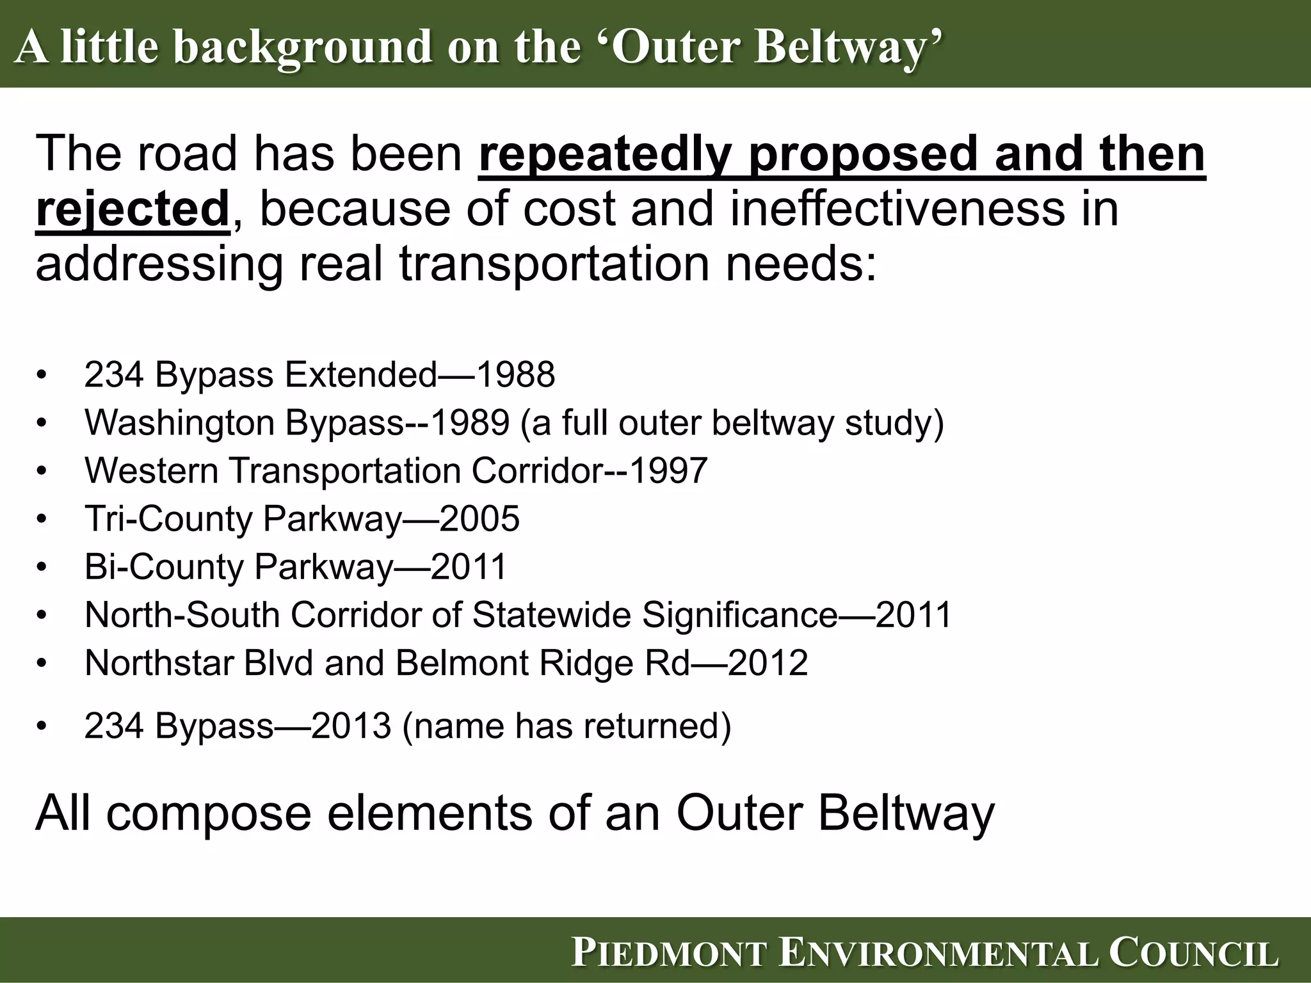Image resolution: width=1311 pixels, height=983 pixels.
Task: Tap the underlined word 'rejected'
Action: pos(133,209)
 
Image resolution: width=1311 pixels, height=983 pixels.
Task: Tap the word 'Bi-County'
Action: pos(165,566)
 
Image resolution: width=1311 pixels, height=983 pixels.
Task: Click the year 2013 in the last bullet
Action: pos(351,726)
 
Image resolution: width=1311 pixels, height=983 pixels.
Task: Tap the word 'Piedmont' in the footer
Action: pos(669,953)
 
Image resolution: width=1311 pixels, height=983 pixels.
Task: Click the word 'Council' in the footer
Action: pos(1193,953)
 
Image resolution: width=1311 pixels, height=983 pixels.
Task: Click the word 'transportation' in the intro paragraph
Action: pos(555,264)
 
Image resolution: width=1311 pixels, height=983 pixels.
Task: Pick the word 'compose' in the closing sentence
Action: pos(209,813)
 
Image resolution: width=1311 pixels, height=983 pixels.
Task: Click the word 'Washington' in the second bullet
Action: pos(180,422)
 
